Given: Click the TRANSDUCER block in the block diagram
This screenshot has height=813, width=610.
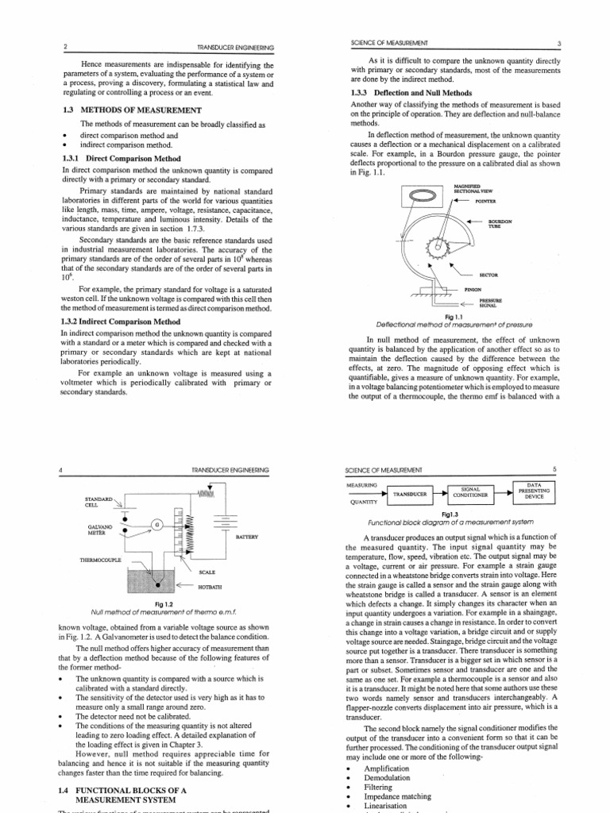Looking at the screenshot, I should click(409, 494).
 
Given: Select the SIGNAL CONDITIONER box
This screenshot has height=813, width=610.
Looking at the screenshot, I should click(473, 494).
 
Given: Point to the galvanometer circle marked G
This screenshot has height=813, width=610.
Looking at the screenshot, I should click(157, 525).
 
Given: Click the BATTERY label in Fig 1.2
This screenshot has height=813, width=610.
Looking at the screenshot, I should click(247, 538).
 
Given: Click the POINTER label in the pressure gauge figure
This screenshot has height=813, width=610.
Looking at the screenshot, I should click(485, 202).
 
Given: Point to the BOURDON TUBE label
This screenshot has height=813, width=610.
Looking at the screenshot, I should click(500, 224).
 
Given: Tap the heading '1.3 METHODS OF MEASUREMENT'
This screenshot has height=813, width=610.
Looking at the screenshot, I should click(130, 110).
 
